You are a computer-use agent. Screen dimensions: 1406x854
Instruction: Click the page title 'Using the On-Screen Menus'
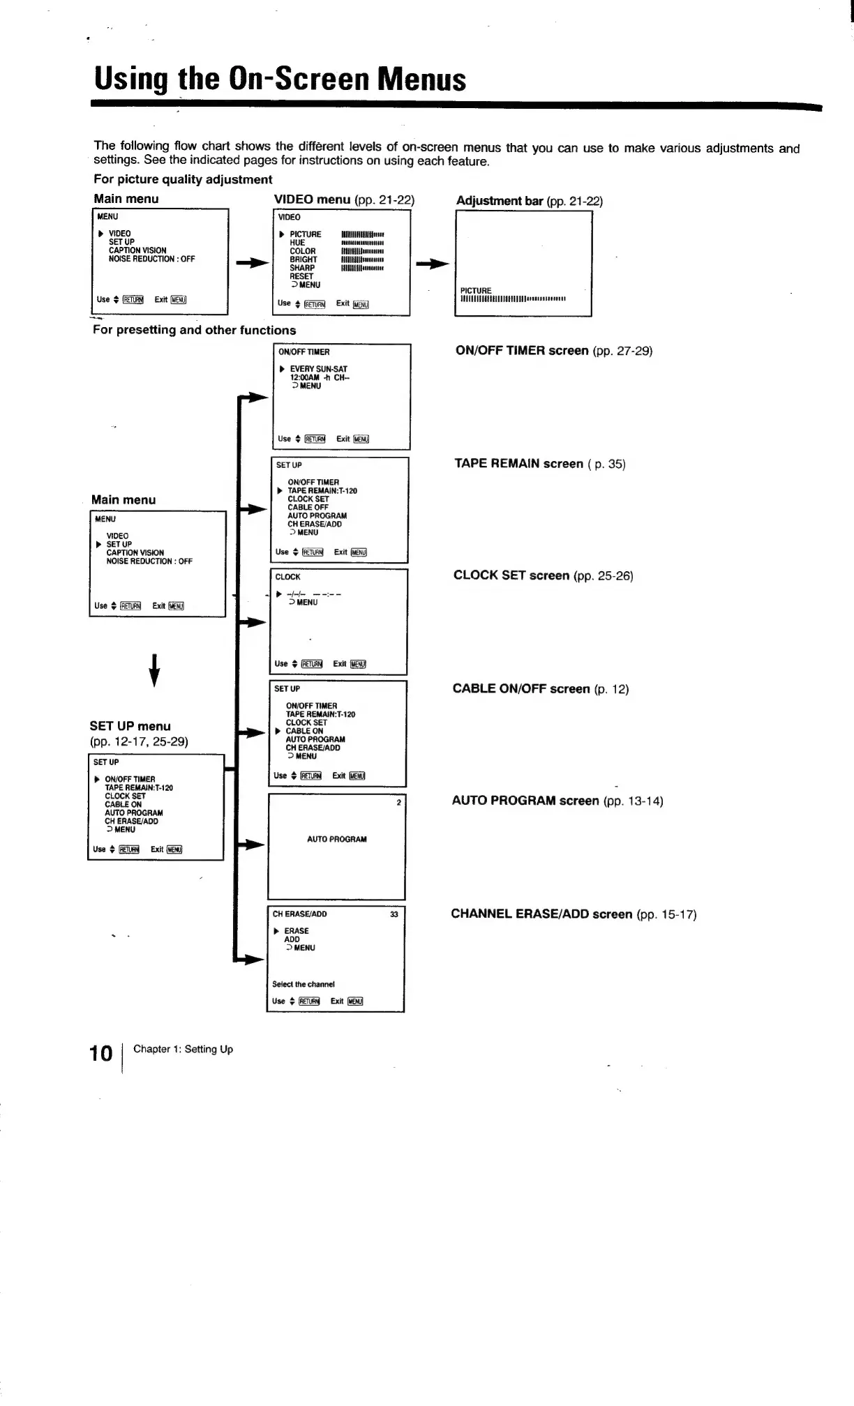[280, 79]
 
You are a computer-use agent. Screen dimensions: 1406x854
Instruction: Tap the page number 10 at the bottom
[101, 1052]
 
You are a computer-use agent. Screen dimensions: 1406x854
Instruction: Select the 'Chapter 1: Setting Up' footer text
[183, 1049]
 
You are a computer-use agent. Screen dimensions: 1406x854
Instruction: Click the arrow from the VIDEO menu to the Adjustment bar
[433, 264]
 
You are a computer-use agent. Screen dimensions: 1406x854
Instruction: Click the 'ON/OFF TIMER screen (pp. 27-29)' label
[553, 351]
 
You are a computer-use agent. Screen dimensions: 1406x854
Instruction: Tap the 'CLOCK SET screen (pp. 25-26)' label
[543, 575]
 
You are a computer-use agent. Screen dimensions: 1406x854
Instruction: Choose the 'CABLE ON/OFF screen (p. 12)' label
[540, 689]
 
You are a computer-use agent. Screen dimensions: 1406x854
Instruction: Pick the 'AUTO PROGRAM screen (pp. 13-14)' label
[557, 801]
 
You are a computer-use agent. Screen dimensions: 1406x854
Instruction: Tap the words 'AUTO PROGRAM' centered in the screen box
[336, 839]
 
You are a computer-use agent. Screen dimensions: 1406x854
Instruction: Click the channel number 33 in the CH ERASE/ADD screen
[394, 914]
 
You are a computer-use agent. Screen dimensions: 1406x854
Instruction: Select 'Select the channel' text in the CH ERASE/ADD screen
[303, 984]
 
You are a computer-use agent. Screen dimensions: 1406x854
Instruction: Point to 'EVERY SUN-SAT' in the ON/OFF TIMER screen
[318, 369]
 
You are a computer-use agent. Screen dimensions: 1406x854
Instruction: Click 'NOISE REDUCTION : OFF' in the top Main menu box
[151, 259]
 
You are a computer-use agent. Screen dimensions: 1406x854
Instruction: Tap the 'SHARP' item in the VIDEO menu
[302, 268]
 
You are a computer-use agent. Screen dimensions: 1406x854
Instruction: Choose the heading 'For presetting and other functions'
[194, 330]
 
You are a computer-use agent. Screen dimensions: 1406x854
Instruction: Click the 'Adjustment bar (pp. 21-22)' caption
[529, 201]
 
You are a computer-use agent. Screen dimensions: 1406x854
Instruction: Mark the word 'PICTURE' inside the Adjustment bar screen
[476, 290]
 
